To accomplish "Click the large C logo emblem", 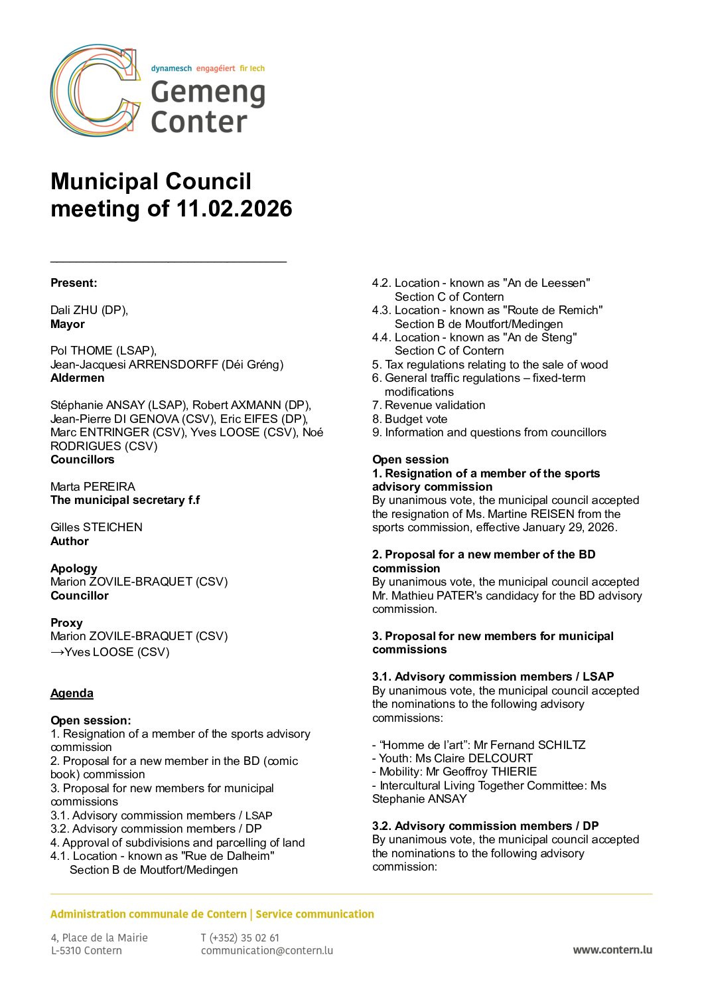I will [x=95, y=91].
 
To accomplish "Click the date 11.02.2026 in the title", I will [x=234, y=208].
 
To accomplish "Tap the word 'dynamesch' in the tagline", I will [x=171, y=68].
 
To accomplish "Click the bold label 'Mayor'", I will [x=68, y=324].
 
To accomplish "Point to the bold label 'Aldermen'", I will [x=77, y=378].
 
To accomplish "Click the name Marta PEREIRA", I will [x=93, y=487].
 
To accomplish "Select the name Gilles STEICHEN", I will [x=96, y=527].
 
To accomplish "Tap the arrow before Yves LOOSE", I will [x=57, y=652].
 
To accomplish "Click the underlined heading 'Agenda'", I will [x=72, y=693].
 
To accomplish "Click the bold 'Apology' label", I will [x=74, y=568].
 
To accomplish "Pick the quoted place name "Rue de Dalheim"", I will [x=228, y=856].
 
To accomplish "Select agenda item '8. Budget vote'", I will [x=409, y=419].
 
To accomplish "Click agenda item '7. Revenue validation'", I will [x=429, y=405].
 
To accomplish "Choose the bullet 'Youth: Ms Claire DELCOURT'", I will [x=453, y=758].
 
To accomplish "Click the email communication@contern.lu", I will [x=267, y=950].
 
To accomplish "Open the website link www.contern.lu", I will [x=612, y=950].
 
